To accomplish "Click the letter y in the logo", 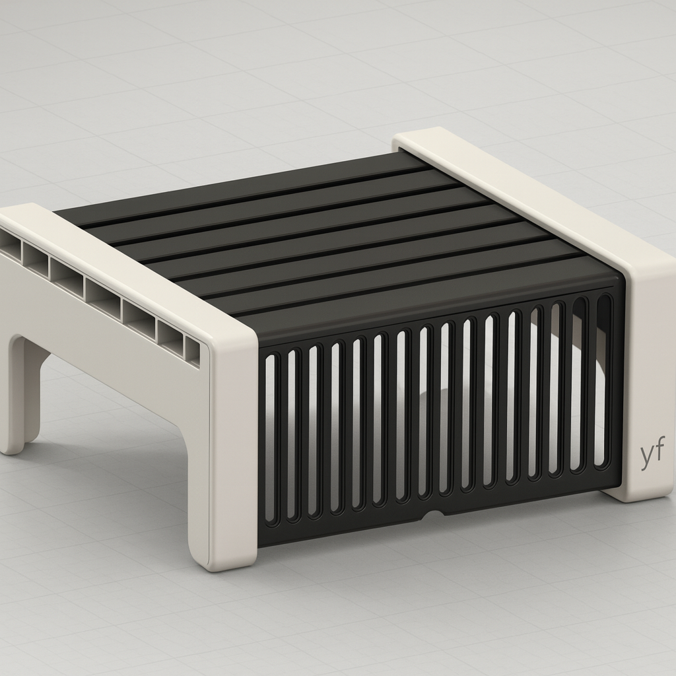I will click(x=646, y=457).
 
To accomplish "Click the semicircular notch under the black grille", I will click(x=433, y=514).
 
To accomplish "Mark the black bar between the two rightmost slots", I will click(x=591, y=383).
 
